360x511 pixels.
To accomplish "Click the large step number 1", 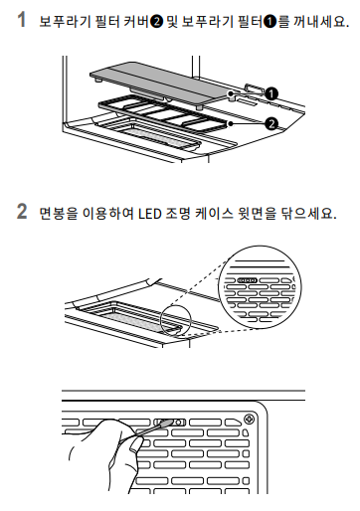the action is pyautogui.click(x=21, y=20).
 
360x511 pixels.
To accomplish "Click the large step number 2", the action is pyautogui.click(x=22, y=211).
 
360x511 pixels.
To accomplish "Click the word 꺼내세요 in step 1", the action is pyautogui.click(x=321, y=22).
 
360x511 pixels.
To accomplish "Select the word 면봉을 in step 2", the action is pyautogui.click(x=58, y=214).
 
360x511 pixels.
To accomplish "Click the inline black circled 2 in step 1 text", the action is pyautogui.click(x=156, y=23).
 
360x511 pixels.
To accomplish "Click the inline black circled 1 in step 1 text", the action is pyautogui.click(x=270, y=23).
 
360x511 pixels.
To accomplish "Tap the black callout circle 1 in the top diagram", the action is pyautogui.click(x=271, y=94).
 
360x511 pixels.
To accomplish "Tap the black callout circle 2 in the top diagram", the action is pyautogui.click(x=271, y=124).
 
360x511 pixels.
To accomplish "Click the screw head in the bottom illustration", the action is pyautogui.click(x=249, y=420).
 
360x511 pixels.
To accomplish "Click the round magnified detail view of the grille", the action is pyautogui.click(x=260, y=287).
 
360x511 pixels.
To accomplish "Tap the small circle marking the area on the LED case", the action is pyautogui.click(x=176, y=320).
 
